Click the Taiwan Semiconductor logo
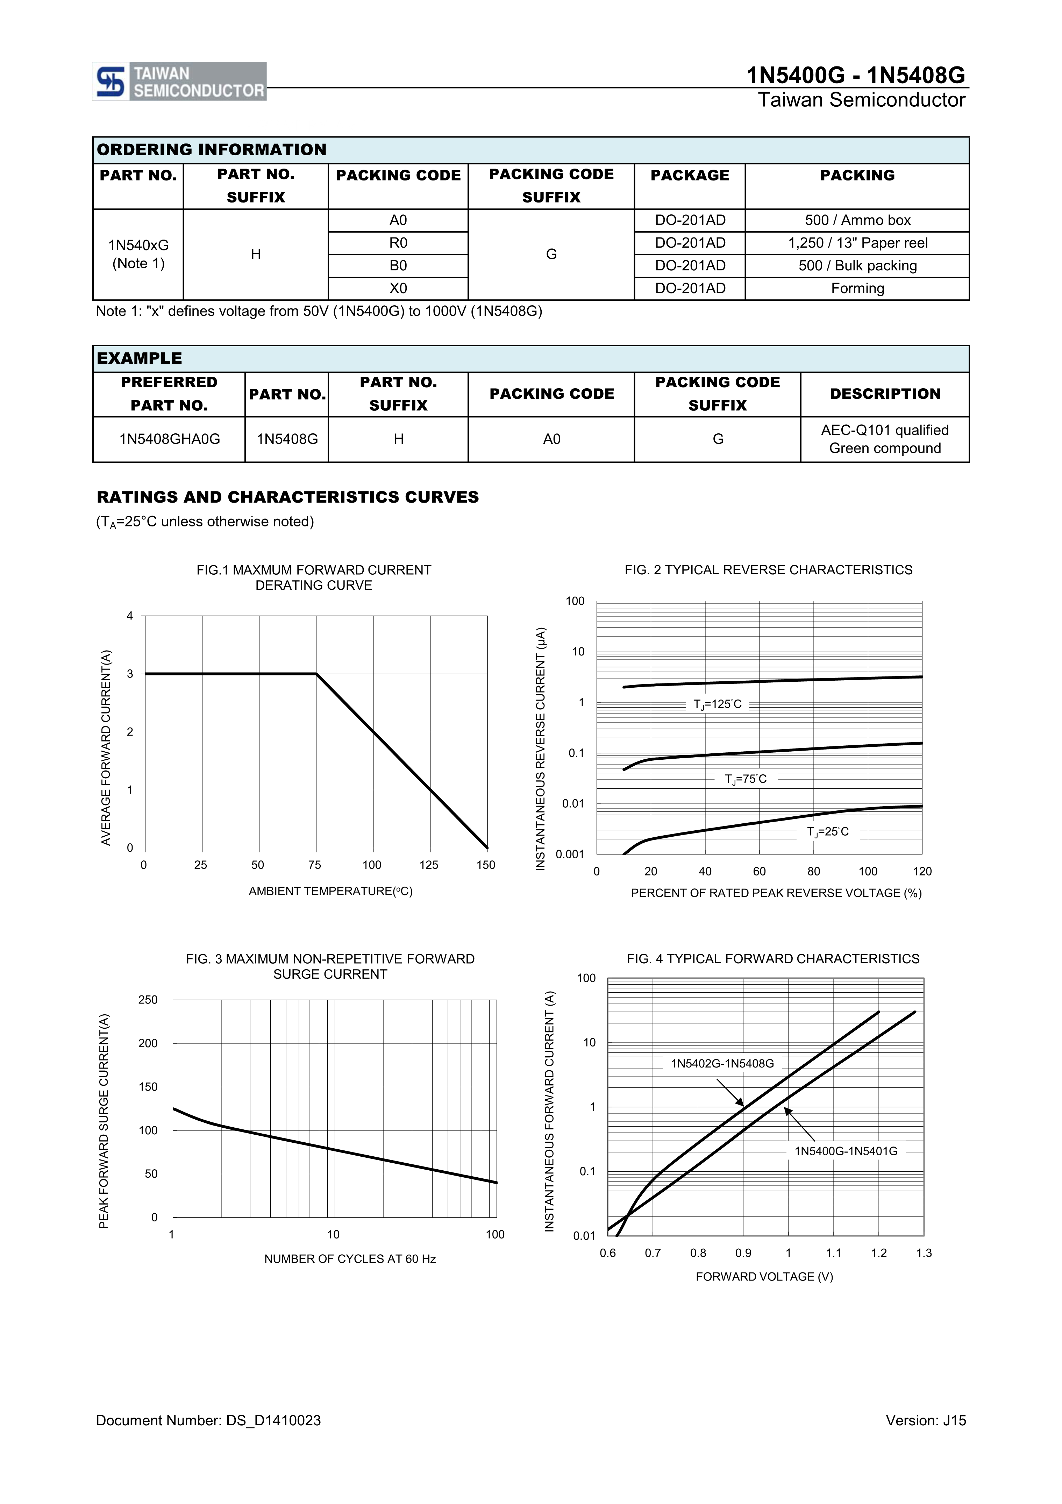tap(179, 82)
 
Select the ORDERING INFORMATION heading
tap(212, 150)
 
